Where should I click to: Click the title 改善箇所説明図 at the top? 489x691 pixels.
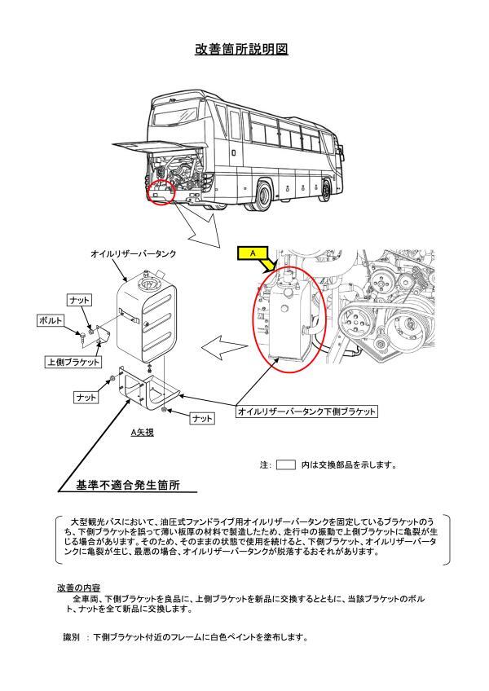tap(241, 49)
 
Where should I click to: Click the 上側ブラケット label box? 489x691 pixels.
tap(73, 361)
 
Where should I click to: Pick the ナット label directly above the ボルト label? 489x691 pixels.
tap(80, 301)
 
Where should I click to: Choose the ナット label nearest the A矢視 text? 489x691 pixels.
tap(201, 418)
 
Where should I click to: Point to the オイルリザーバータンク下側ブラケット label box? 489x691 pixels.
tap(306, 412)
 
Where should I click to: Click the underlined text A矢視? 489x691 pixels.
tap(143, 434)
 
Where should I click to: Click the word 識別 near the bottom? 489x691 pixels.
tap(72, 636)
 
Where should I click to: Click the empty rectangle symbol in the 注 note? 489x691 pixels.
tap(285, 465)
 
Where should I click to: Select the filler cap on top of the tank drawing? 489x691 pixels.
tap(148, 286)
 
